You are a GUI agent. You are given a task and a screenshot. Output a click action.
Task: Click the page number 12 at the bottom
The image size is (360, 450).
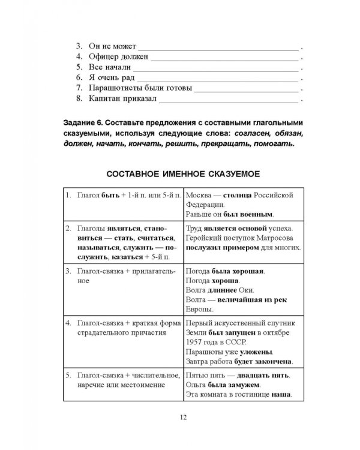(x=180, y=418)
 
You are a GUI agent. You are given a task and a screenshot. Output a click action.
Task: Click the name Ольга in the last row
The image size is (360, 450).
(x=196, y=386)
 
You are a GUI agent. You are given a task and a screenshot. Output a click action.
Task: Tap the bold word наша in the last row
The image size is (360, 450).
(x=281, y=395)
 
